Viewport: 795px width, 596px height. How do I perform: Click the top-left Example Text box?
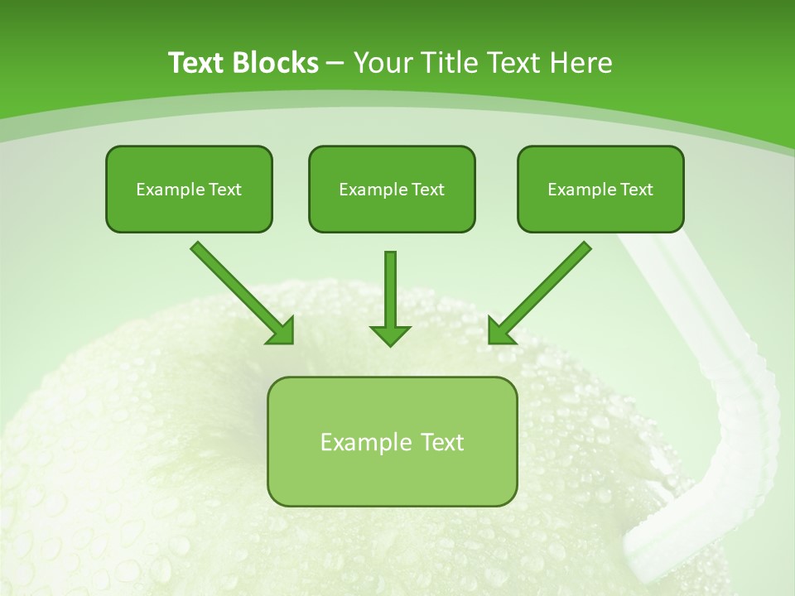point(189,189)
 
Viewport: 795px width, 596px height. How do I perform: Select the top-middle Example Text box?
point(392,189)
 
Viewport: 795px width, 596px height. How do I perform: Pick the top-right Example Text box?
point(600,189)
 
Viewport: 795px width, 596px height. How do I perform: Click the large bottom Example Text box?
point(392,441)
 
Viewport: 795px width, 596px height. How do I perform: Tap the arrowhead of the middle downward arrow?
point(390,334)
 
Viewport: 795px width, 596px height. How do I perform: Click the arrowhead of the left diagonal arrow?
point(282,332)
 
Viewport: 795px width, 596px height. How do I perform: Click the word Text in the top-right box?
point(636,190)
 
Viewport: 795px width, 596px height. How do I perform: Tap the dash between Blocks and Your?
point(335,63)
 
